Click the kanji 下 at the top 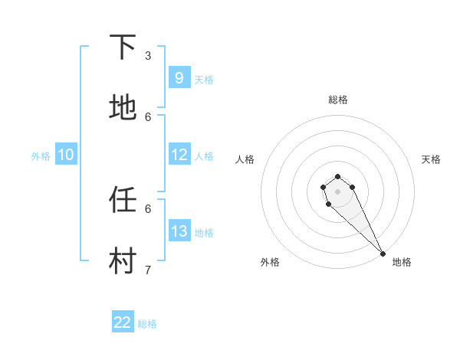pos(123,47)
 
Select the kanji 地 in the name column pos(123,108)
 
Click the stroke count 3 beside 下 pos(148,55)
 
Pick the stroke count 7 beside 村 pos(148,270)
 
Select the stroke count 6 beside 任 pos(148,208)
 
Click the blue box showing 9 pos(179,77)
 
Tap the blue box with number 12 pos(179,155)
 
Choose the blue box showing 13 pos(179,231)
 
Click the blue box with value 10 pos(66,155)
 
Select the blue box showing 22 pos(123,322)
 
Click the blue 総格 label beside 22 pos(147,324)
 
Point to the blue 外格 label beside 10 pos(41,156)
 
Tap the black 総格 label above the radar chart pos(338,100)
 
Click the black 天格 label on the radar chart pos(431,159)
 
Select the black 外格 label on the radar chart pos(270,262)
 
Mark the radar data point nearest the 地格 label pos(383,254)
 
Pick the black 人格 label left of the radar pos(245,159)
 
